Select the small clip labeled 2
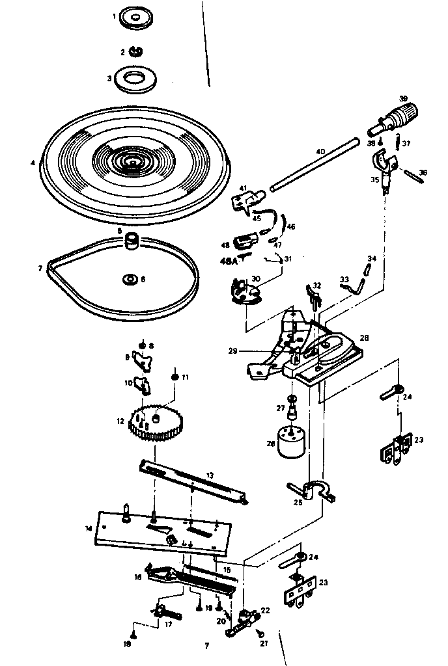point(137,51)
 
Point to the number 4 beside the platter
point(33,163)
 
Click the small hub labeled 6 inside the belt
point(130,280)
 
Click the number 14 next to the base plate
point(88,529)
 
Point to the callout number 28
point(364,338)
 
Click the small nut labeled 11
point(175,377)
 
